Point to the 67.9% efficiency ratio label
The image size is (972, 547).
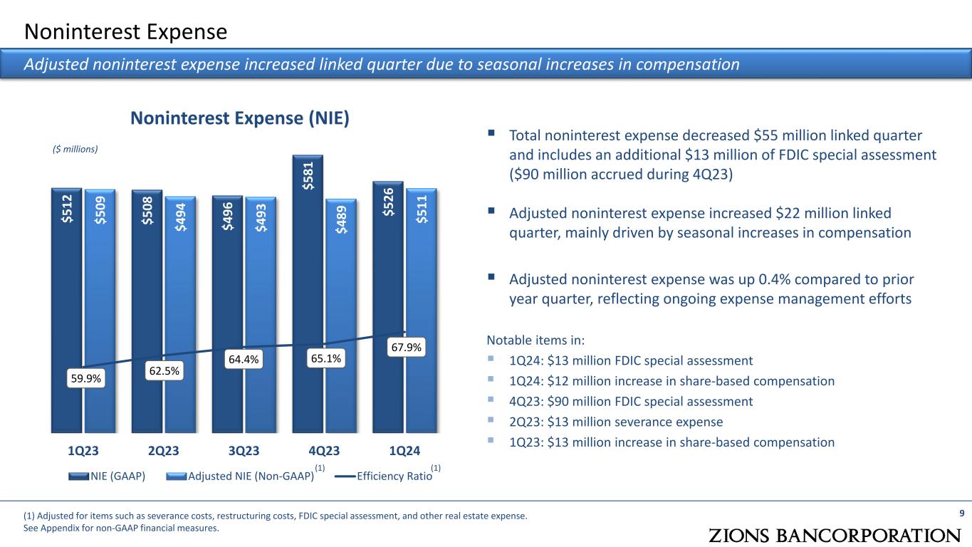tap(406, 348)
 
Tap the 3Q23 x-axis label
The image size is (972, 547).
tap(244, 451)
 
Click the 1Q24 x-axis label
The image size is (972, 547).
tap(404, 451)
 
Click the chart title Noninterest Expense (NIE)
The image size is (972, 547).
tap(239, 118)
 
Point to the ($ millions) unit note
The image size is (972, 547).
tap(75, 149)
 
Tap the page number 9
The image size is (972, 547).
tap(962, 514)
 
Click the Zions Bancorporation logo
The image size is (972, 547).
tap(835, 535)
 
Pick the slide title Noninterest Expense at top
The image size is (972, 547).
tap(126, 31)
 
